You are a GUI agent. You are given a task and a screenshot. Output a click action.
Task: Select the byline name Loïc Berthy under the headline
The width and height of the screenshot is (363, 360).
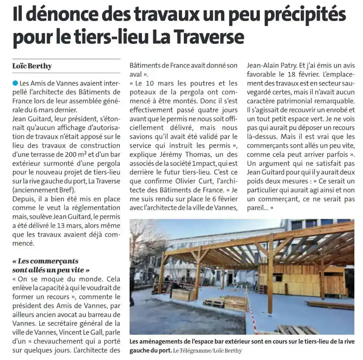[x=32, y=66]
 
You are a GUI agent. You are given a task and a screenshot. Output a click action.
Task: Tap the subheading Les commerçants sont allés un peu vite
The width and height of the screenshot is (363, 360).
[x=51, y=265]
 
